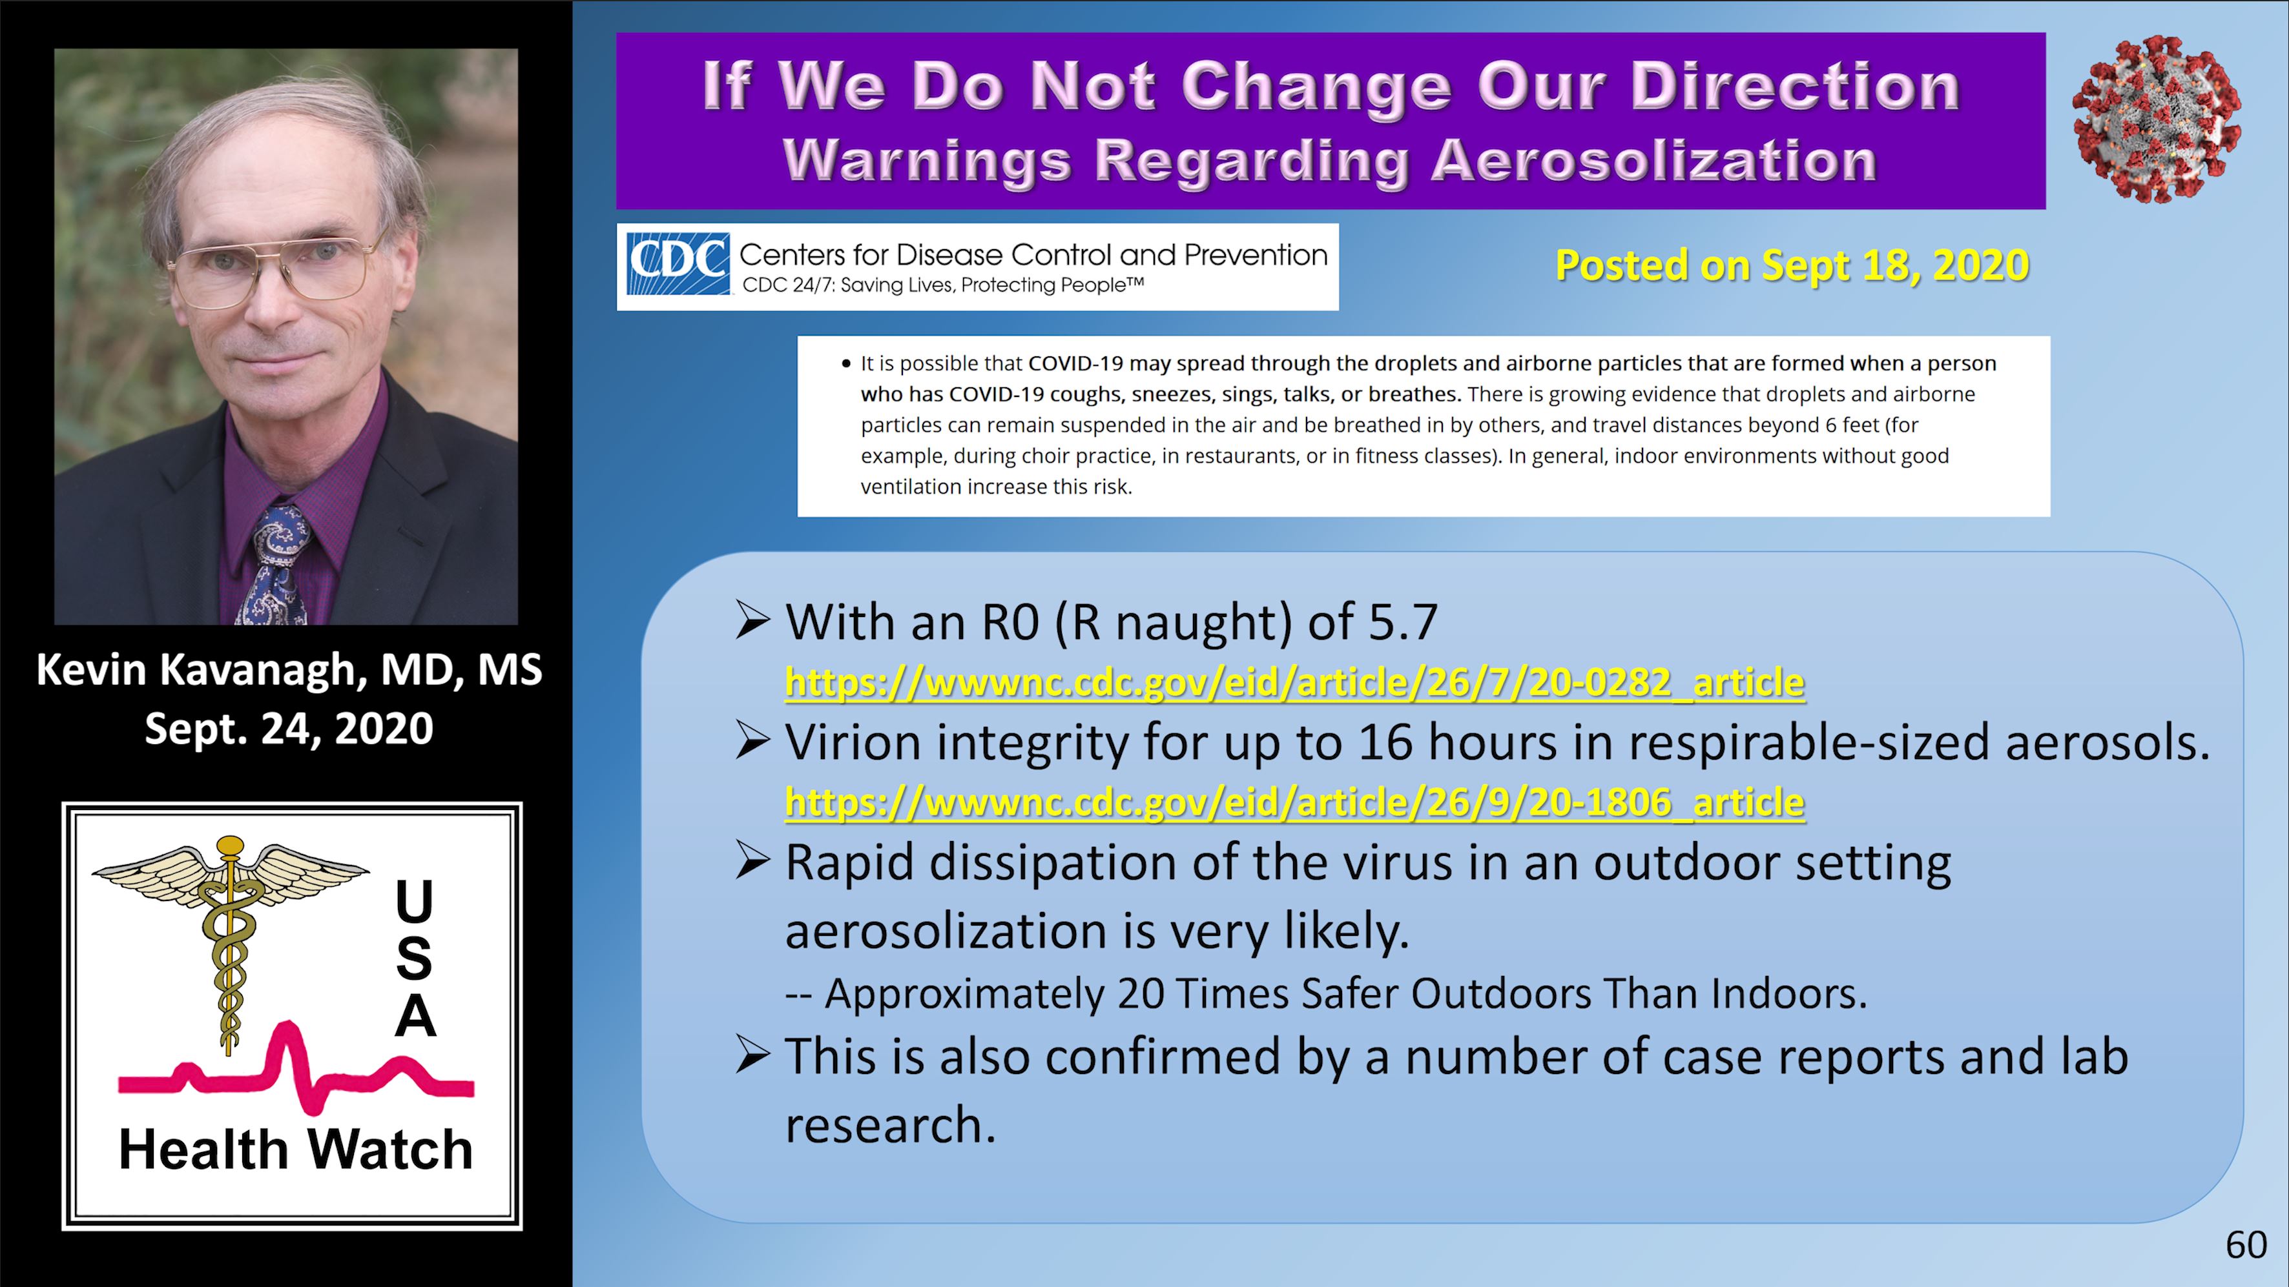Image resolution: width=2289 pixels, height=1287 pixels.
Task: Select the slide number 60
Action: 2246,1245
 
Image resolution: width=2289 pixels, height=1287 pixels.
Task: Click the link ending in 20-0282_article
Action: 1295,682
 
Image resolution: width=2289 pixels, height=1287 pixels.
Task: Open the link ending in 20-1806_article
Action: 1295,802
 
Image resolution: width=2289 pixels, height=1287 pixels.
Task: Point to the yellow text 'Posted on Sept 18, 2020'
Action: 1792,265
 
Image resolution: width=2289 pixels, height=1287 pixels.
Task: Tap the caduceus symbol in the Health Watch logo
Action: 230,942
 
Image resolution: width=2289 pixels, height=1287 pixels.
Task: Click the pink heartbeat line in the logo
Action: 296,1070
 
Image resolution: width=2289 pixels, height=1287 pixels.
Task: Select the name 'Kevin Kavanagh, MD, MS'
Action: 289,670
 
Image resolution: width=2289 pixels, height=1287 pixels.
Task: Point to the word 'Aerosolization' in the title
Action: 1653,161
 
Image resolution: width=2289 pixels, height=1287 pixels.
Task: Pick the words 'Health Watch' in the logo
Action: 296,1150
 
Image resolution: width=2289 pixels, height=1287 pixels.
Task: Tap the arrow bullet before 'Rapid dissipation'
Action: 752,862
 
